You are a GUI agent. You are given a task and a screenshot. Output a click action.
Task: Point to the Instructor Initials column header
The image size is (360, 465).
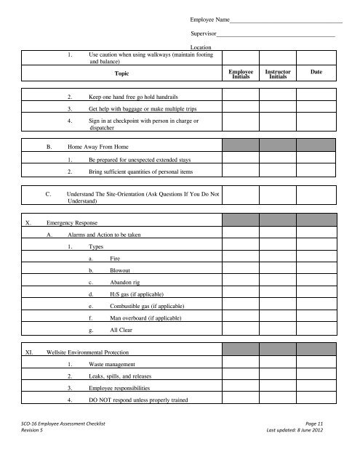click(278, 75)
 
